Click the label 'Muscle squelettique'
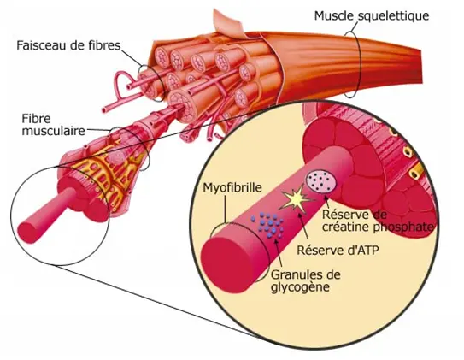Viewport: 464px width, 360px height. coord(372,16)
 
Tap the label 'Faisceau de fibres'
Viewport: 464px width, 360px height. coord(68,45)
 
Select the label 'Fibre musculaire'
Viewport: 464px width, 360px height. coord(54,124)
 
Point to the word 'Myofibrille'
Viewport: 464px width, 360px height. coord(232,188)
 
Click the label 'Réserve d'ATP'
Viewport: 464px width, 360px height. coord(338,251)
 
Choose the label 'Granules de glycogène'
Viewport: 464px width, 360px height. coord(306,280)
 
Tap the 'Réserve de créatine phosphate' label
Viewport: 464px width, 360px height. coord(378,221)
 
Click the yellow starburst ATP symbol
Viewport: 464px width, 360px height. coord(297,199)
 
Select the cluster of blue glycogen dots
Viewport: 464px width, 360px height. coord(267,225)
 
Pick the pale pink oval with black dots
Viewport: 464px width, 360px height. coord(322,182)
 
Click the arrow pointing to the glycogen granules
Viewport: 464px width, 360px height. coord(279,253)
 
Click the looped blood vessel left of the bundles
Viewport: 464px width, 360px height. coord(121,86)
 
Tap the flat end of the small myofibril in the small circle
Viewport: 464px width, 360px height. coord(26,233)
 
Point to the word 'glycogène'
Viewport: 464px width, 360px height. coord(300,287)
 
